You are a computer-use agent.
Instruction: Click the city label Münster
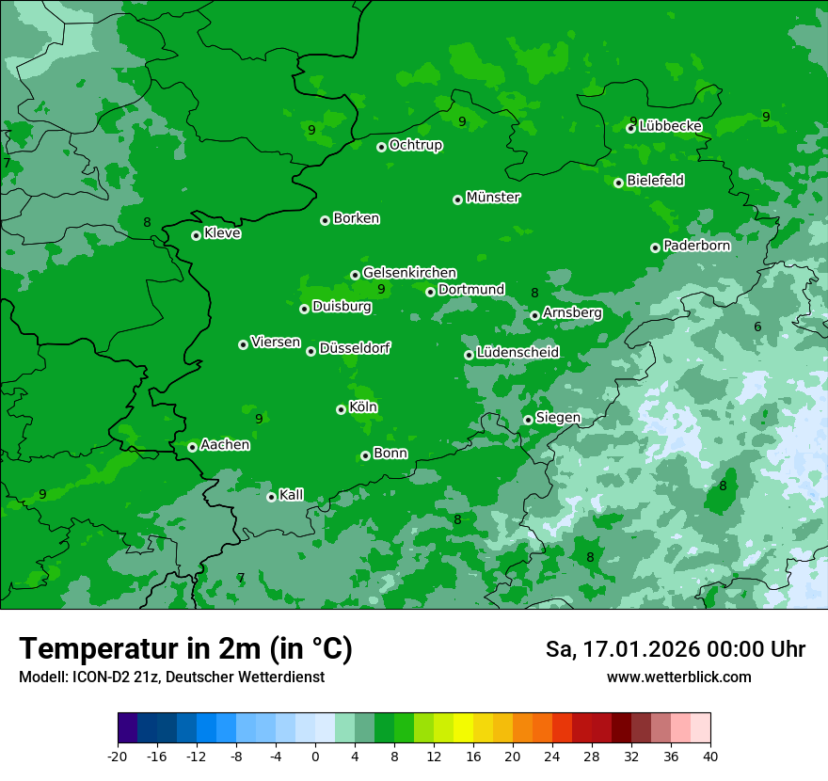[492, 198]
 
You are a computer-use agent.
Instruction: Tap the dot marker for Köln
[341, 409]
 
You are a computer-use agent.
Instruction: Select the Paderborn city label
[696, 246]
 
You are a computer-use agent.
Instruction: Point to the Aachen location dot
[192, 447]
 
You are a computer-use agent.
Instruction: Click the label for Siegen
[558, 418]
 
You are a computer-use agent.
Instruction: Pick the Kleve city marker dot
[196, 235]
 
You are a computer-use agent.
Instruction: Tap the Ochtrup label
[415, 145]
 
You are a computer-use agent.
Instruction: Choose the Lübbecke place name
[670, 126]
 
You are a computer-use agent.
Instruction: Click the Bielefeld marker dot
[618, 183]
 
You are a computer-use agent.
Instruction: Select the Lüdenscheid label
[517, 353]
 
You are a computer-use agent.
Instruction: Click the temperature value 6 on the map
[757, 327]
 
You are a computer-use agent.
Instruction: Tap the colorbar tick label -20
[118, 757]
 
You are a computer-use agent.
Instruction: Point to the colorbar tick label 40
[710, 757]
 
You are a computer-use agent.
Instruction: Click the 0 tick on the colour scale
[315, 757]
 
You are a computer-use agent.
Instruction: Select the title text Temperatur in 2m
[185, 648]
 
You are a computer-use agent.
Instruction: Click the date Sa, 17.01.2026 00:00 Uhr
[675, 649]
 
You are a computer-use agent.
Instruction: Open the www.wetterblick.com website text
[678, 677]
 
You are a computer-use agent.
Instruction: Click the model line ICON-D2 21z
[171, 677]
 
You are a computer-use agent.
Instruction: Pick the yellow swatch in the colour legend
[463, 728]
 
